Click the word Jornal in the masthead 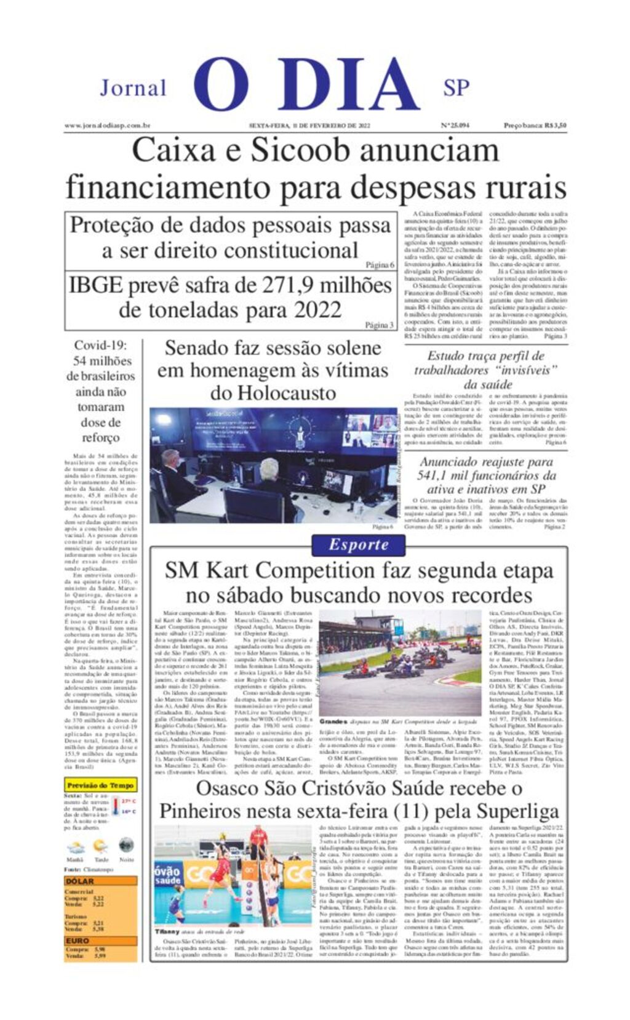tap(133, 88)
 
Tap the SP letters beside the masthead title tap(456, 88)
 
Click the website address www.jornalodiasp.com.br tap(108, 126)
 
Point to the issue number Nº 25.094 tap(455, 126)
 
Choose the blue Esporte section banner tap(358, 544)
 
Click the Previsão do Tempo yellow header tap(100, 785)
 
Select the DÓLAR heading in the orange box tap(80, 881)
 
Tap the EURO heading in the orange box tap(78, 941)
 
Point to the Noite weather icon tap(126, 845)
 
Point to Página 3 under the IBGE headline tap(379, 325)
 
